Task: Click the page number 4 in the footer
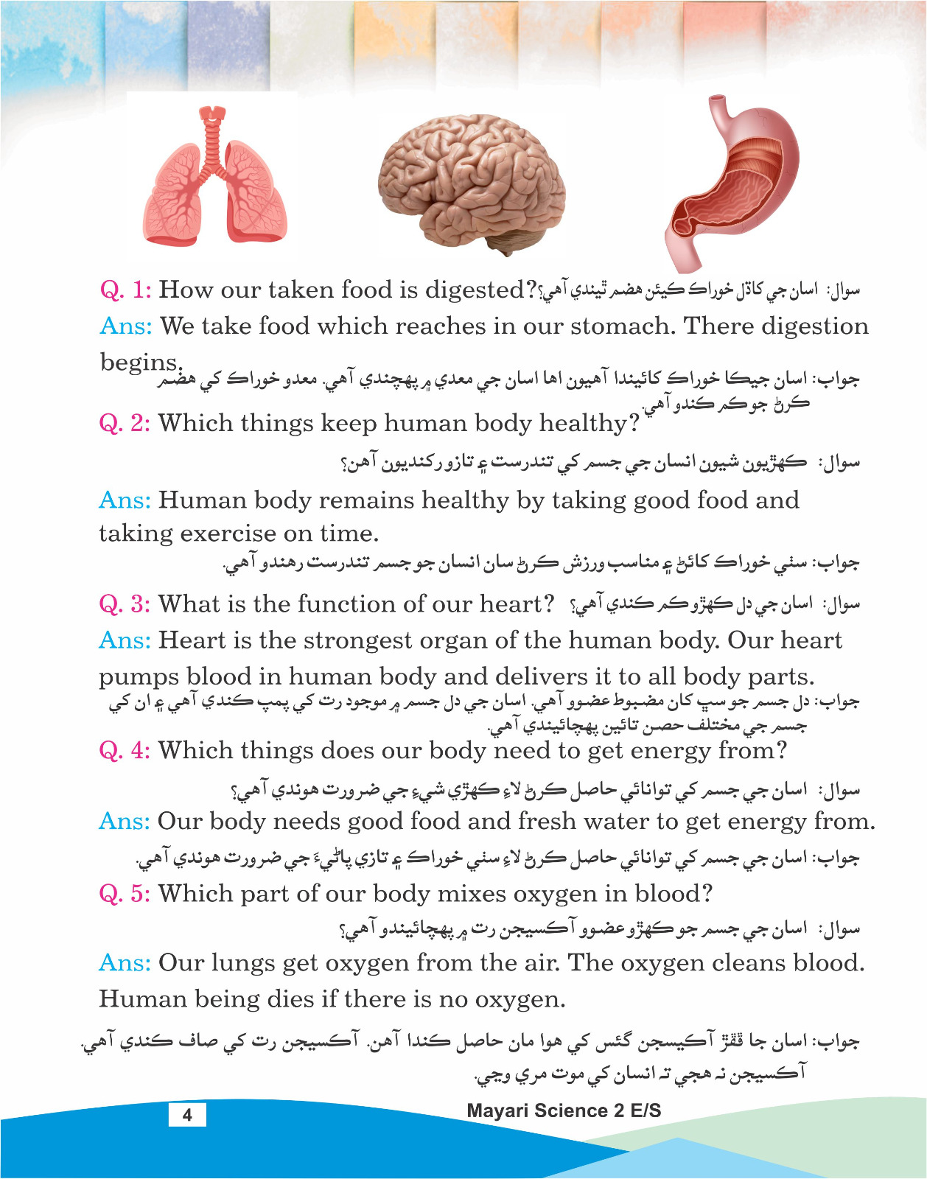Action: pos(187,1114)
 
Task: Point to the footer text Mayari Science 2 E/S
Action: pos(564,1110)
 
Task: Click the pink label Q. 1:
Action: pos(125,290)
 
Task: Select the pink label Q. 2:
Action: pos(125,423)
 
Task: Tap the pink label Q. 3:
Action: pos(125,604)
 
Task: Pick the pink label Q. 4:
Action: pos(125,750)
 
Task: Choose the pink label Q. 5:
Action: pos(125,894)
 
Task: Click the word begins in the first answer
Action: pos(139,362)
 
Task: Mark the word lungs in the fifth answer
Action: pos(245,964)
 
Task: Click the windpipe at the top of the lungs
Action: pos(214,136)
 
